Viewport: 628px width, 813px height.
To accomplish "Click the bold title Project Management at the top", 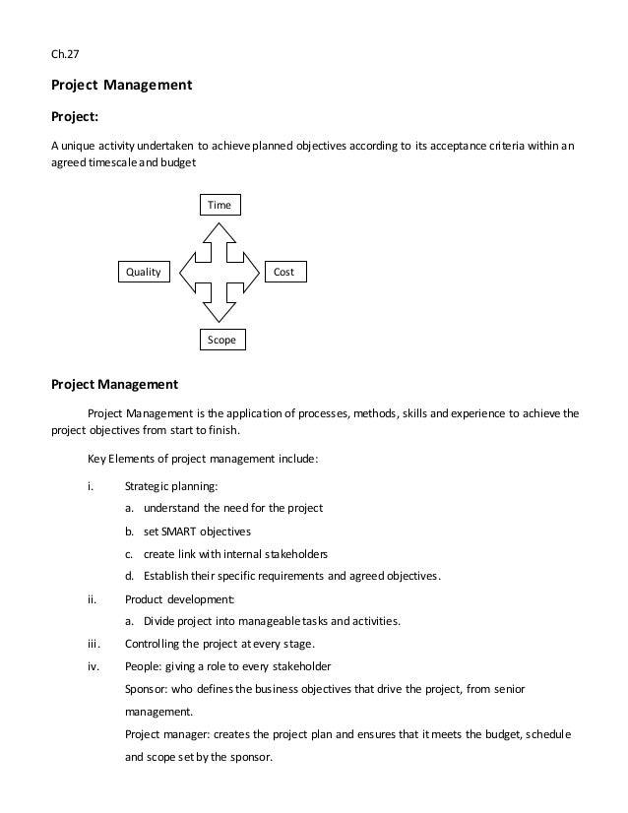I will (x=121, y=86).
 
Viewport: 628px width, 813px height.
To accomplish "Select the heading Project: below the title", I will (x=74, y=116).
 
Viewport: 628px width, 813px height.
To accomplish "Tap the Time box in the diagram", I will (x=220, y=205).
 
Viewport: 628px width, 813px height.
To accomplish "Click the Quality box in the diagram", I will (x=144, y=271).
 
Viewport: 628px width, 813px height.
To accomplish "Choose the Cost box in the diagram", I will (x=284, y=271).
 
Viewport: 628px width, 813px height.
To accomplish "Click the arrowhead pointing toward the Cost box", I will (x=255, y=271).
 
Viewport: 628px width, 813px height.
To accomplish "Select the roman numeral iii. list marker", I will (x=93, y=644).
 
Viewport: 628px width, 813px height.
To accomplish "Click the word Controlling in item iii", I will (x=156, y=644).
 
